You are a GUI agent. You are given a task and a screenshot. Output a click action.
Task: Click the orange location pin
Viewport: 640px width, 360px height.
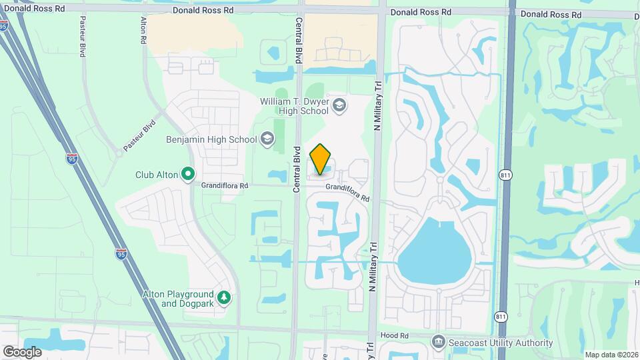(x=320, y=159)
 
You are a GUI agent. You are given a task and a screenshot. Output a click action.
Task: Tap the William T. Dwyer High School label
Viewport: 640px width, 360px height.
(x=295, y=106)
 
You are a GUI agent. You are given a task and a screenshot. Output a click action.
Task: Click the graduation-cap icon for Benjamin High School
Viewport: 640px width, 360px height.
(x=267, y=139)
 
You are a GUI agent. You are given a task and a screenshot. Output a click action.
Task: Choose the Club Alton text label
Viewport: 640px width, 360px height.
(x=157, y=175)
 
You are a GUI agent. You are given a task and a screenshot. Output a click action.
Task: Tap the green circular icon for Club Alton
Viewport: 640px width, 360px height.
(x=188, y=175)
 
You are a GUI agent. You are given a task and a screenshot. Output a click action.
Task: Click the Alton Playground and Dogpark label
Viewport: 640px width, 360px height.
(x=178, y=299)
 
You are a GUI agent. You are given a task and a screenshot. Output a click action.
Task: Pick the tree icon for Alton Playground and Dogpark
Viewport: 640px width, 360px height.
(x=225, y=297)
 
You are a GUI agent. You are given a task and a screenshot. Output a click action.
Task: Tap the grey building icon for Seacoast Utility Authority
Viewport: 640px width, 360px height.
(x=439, y=342)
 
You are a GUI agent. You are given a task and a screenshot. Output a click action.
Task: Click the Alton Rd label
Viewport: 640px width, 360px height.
(x=143, y=31)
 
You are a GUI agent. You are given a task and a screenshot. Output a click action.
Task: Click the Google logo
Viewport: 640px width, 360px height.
(x=22, y=351)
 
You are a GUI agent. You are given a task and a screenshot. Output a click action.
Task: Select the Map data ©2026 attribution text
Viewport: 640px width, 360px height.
(x=611, y=354)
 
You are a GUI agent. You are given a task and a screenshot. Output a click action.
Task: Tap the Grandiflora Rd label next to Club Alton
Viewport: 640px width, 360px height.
(x=225, y=185)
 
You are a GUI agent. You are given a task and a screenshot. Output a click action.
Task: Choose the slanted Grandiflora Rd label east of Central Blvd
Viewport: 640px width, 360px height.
(x=347, y=193)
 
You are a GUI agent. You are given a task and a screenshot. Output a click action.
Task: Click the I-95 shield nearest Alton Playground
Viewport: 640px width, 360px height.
(x=121, y=254)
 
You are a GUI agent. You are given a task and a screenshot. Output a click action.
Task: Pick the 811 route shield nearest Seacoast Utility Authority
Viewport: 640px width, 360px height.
(x=501, y=316)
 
